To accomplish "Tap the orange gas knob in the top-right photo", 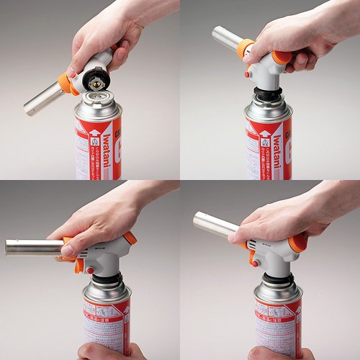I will click(282, 57).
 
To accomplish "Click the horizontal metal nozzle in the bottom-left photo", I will click(32, 246).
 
